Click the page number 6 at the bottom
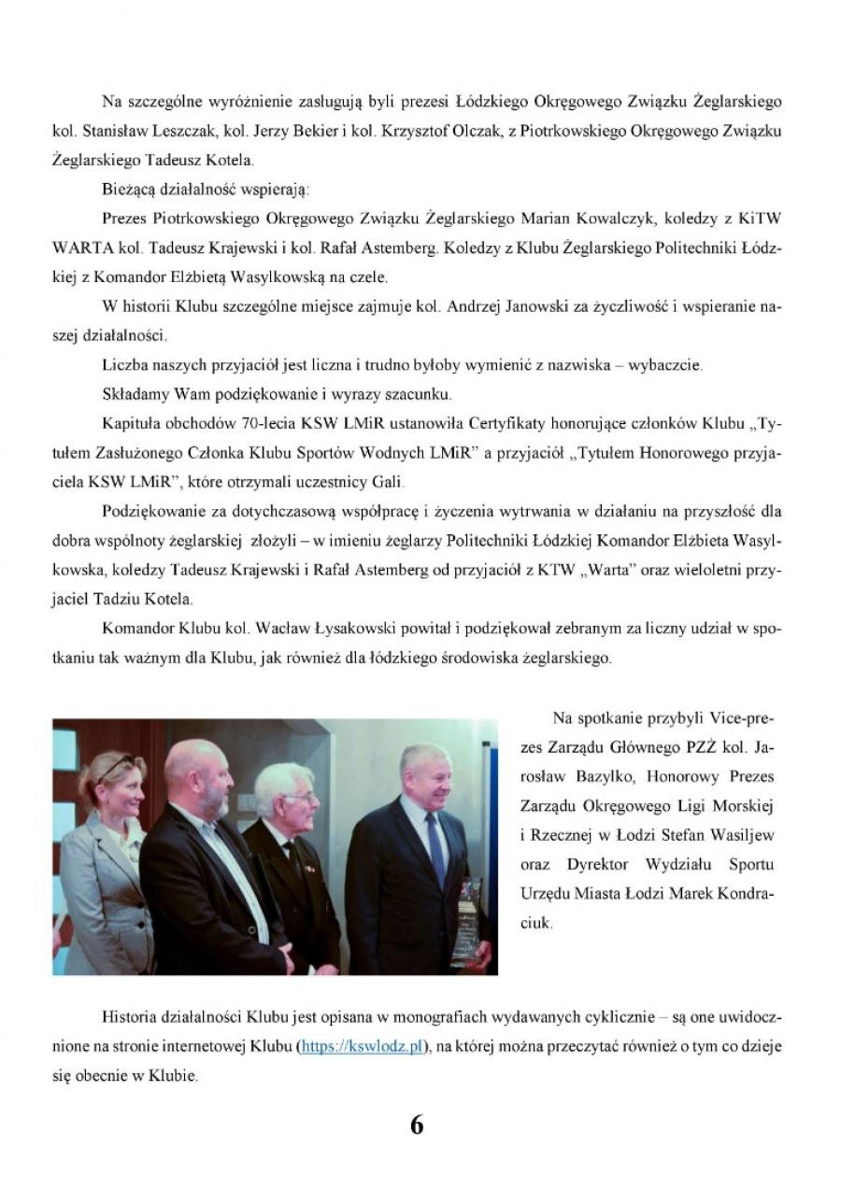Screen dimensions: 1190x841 click(x=417, y=1125)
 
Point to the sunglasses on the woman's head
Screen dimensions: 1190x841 click(x=112, y=768)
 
